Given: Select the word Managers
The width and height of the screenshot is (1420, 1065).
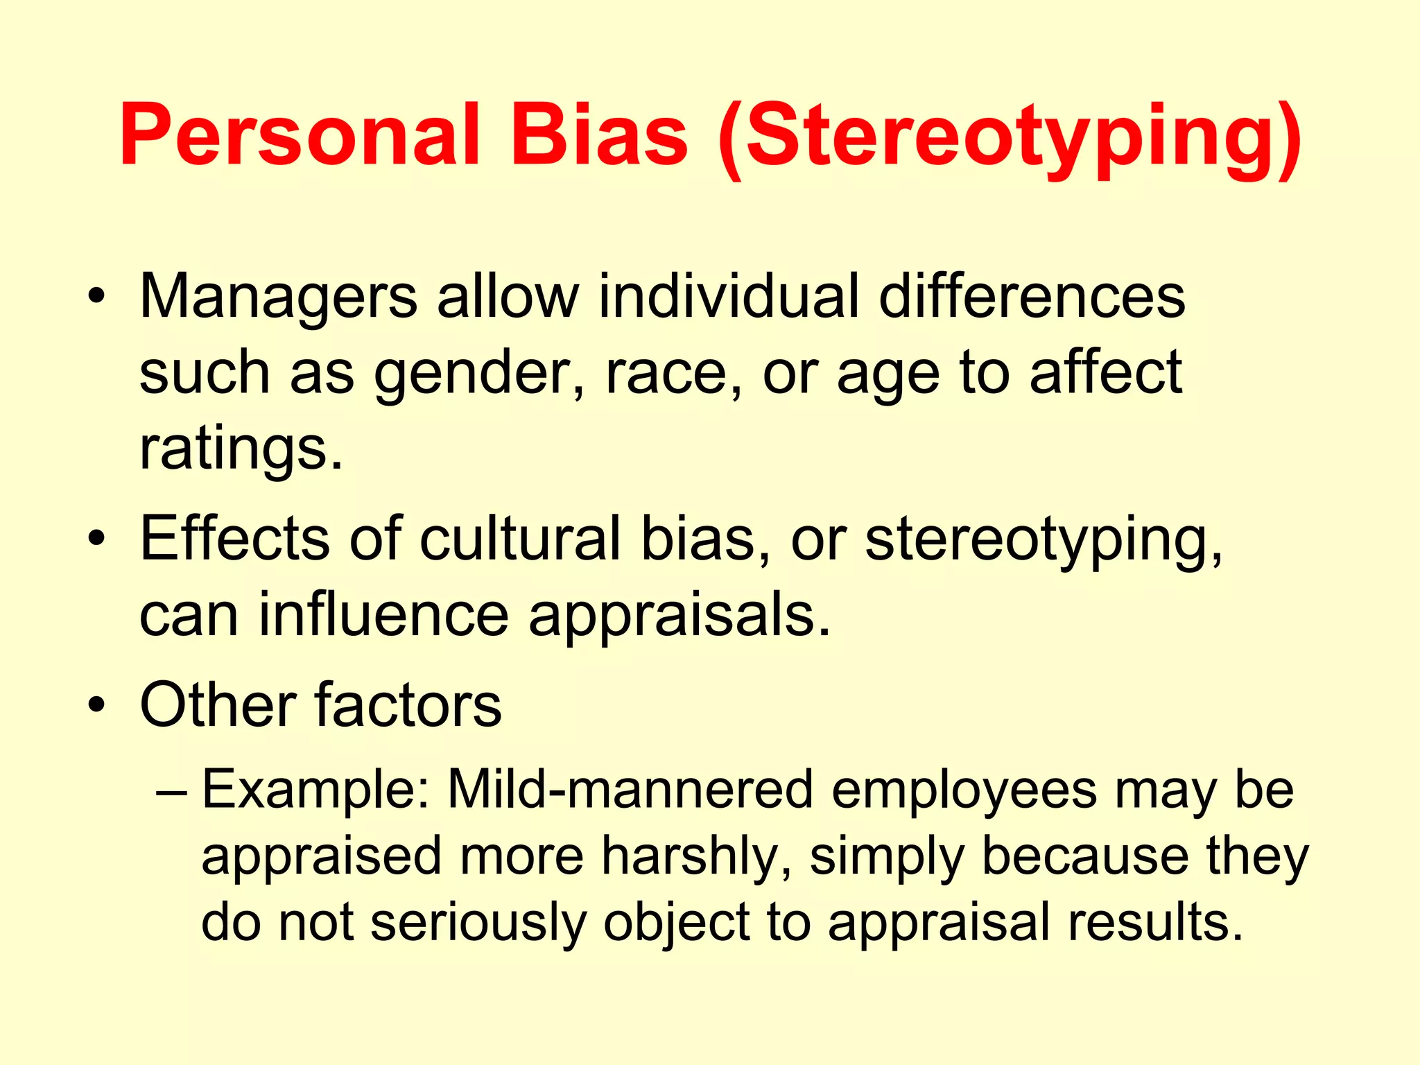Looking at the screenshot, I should coord(278,297).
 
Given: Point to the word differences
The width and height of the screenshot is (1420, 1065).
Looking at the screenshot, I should coord(1032,297).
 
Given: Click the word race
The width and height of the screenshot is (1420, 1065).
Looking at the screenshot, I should coord(666,374).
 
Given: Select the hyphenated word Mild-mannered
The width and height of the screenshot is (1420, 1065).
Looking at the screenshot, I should coord(630,790).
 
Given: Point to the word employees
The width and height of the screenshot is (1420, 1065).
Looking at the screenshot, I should coord(964,791).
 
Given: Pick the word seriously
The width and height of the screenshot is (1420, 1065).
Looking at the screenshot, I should coord(478,923).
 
